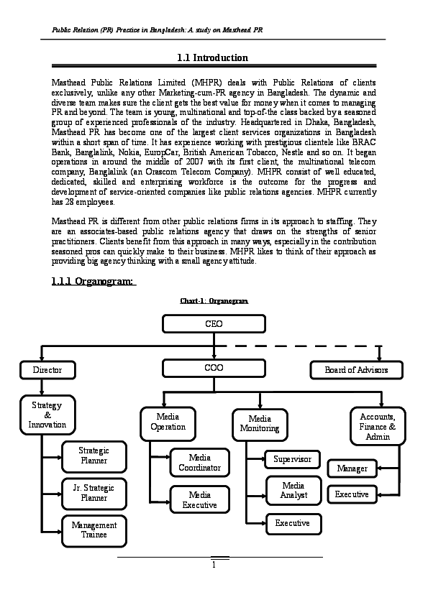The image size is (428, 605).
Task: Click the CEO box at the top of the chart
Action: pos(214,324)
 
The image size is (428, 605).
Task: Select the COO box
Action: pos(214,368)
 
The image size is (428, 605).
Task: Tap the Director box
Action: pos(47,370)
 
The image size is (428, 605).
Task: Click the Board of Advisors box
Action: pos(356,370)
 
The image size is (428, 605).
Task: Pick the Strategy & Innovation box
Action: pos(47,415)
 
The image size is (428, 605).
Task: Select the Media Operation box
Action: pos(168,422)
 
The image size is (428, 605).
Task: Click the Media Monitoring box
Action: pos(259,424)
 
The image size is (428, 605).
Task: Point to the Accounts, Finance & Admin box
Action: pos(378,426)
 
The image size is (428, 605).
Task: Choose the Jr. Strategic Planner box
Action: pos(94,493)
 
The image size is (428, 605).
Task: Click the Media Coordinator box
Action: pos(199,463)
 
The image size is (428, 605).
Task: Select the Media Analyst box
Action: pos(293,491)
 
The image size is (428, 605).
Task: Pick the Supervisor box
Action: pos(292,458)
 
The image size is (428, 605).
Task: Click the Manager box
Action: pos(352,468)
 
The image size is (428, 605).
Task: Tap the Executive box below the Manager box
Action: pos(352,494)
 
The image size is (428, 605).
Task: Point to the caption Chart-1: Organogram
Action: pos(214,301)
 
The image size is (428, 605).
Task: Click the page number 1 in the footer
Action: pos(214,564)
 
